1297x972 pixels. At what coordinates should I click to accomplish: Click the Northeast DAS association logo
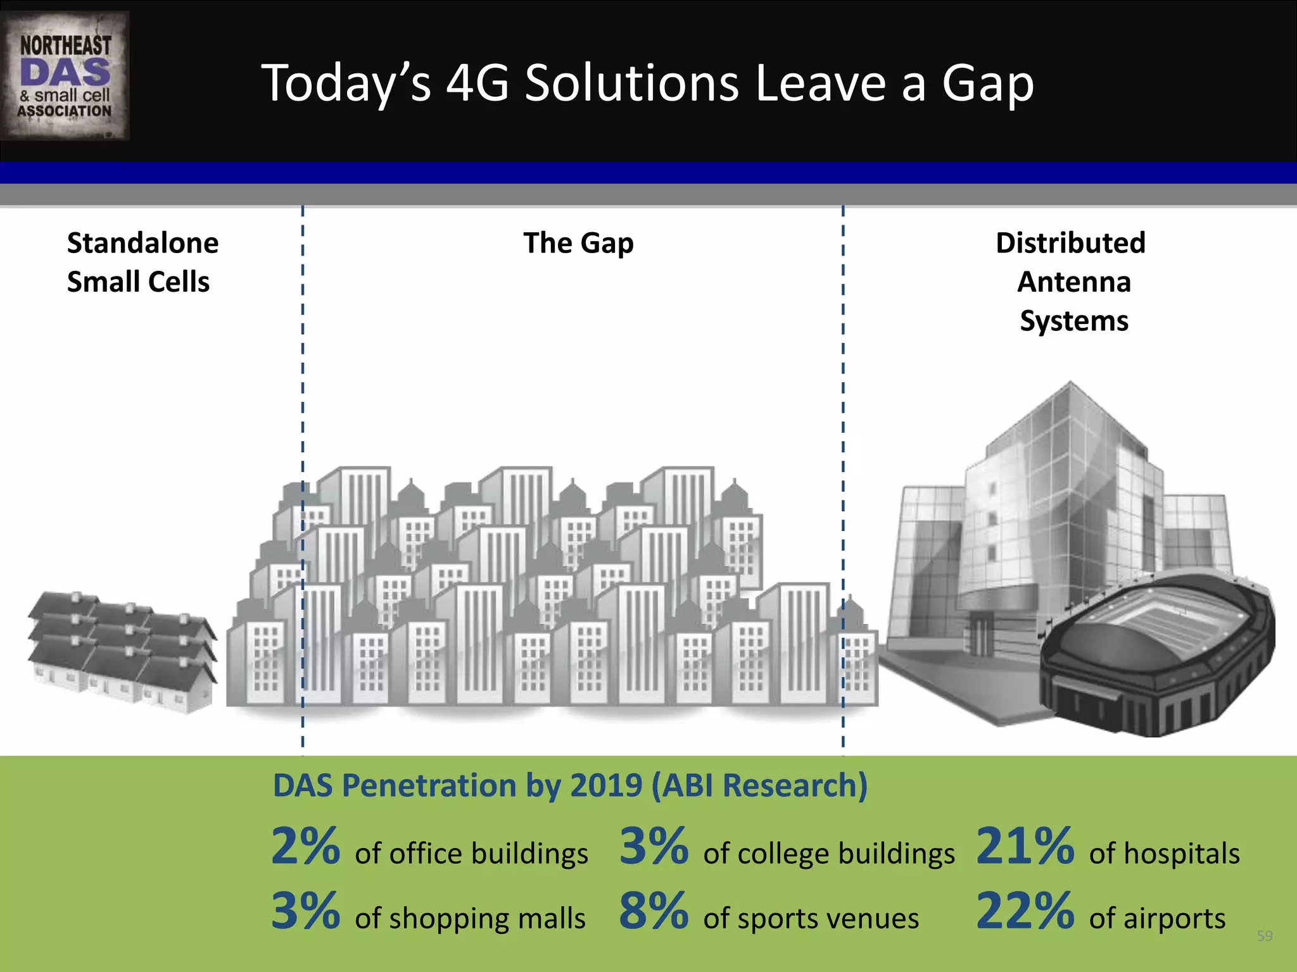point(65,76)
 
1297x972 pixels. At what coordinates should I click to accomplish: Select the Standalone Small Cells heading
point(142,262)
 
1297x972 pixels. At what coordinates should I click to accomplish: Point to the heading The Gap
point(578,244)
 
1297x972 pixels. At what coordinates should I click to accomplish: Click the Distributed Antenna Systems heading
point(1072,282)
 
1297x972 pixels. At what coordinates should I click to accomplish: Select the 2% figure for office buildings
point(306,847)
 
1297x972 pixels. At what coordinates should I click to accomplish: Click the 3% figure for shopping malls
point(306,912)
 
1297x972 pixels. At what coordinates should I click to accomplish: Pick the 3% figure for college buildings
point(654,847)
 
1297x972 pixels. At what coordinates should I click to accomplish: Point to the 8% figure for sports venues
point(654,912)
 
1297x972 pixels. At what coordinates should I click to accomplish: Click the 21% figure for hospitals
point(1025,847)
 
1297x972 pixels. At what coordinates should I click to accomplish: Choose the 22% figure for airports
point(1025,912)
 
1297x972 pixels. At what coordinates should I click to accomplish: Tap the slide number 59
point(1264,936)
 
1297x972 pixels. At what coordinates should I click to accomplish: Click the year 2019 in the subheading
point(606,786)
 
